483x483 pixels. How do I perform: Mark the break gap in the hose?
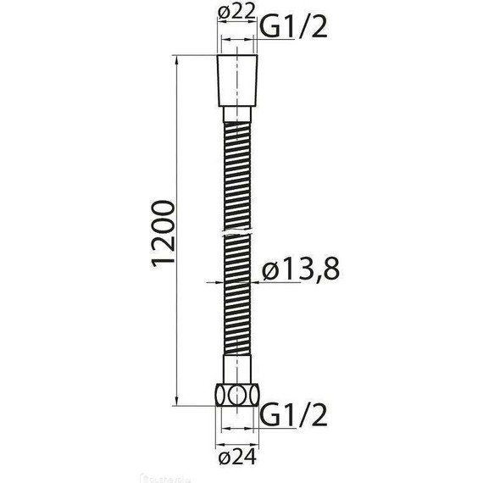(239, 230)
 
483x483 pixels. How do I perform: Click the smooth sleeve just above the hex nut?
(239, 369)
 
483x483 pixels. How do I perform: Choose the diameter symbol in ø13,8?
(271, 271)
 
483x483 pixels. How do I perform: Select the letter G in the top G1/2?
(269, 28)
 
